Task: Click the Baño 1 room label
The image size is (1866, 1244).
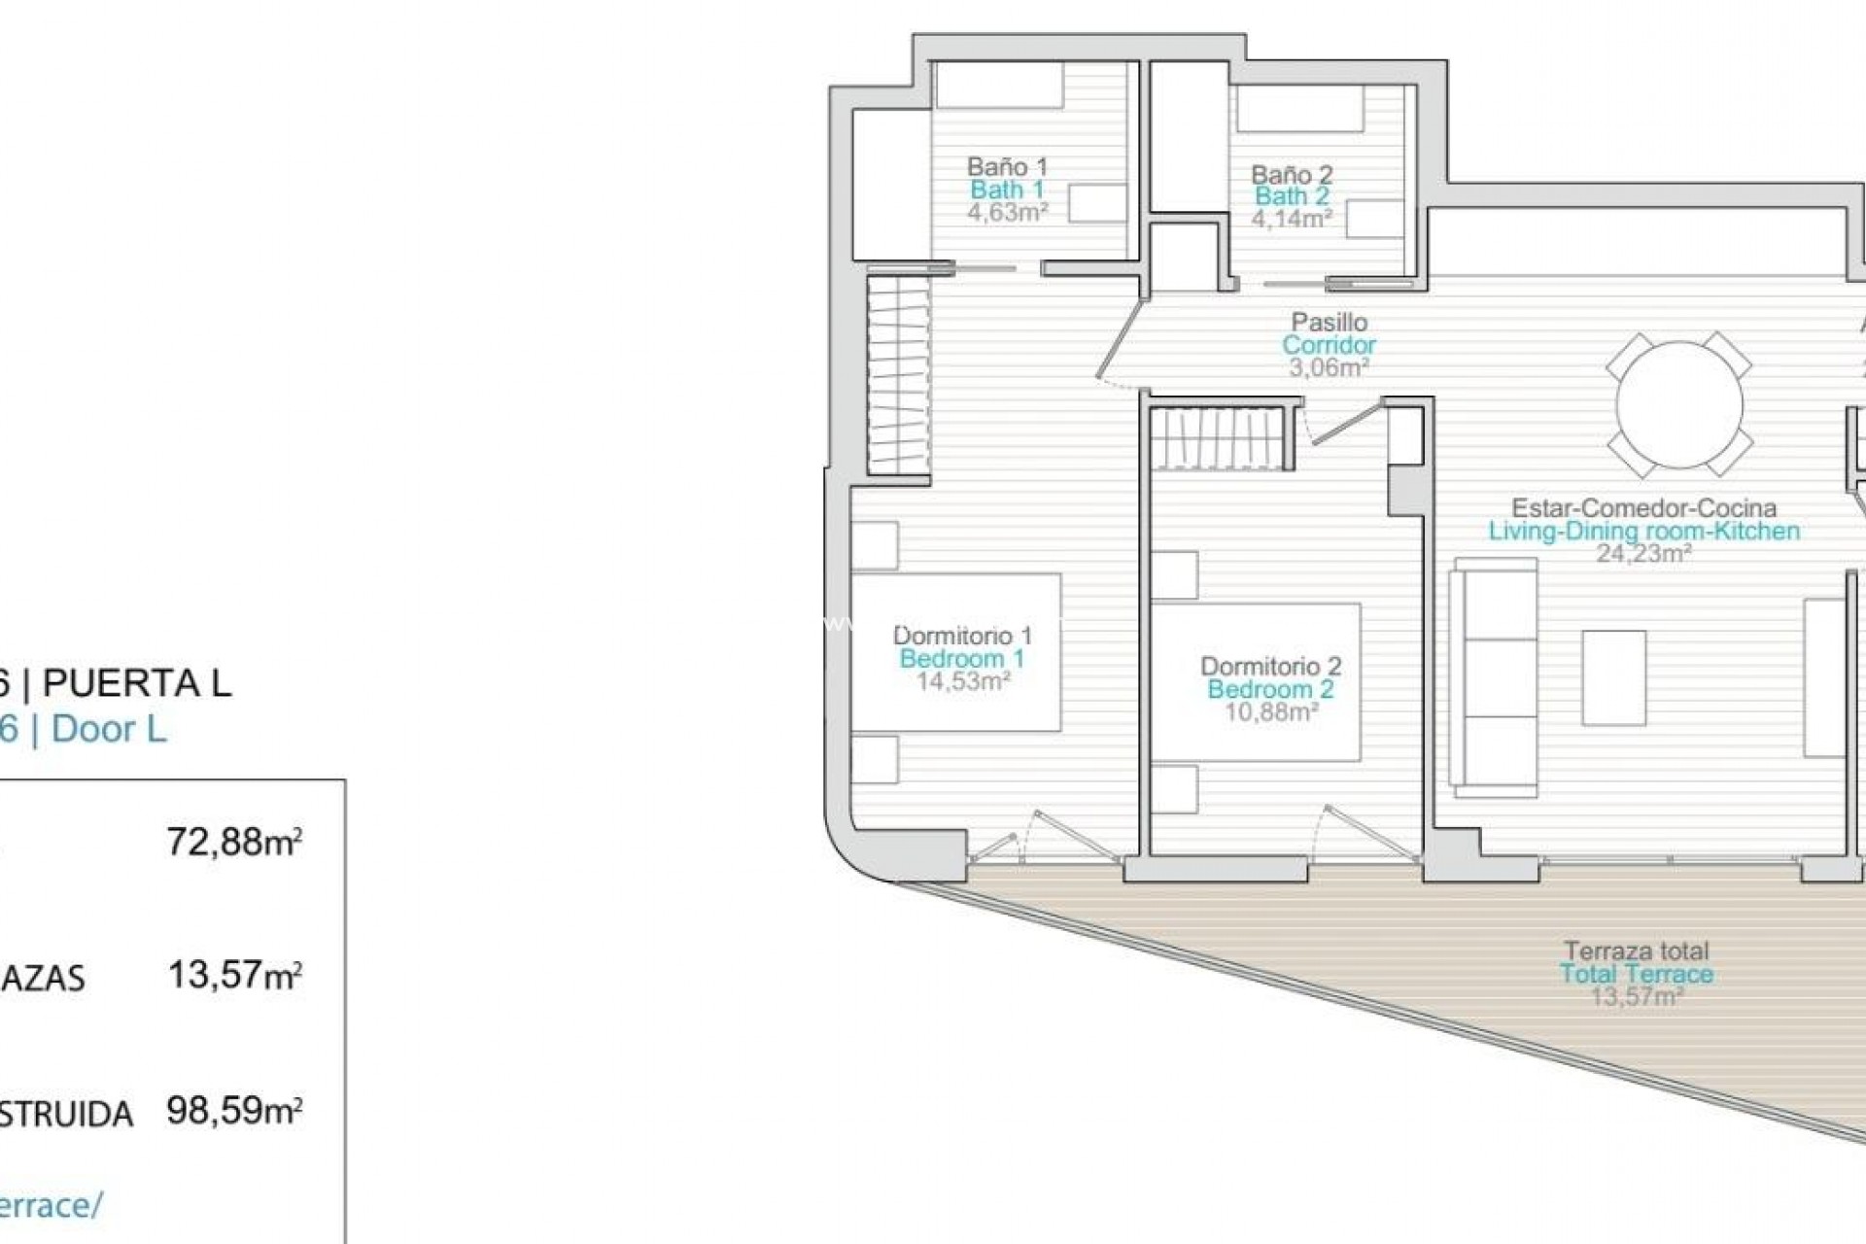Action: tap(1007, 167)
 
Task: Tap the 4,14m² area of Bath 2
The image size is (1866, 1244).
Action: tap(1291, 219)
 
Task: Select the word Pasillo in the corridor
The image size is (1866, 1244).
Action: tap(1329, 322)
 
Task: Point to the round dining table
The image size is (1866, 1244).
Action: tap(1678, 404)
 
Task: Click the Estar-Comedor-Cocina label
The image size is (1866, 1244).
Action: tap(1643, 508)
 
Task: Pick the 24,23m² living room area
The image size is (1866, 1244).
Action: tap(1643, 554)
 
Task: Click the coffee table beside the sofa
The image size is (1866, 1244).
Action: tap(1613, 677)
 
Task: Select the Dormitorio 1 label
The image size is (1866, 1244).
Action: tap(962, 636)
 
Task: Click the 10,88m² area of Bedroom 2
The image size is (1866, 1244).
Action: tap(1270, 712)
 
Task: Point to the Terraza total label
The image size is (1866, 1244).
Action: tap(1636, 951)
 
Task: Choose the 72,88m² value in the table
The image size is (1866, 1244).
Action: tap(234, 842)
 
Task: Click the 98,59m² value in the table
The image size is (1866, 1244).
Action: tap(234, 1110)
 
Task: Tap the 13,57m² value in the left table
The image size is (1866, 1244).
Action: tap(234, 975)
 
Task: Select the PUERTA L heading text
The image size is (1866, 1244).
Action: tap(137, 683)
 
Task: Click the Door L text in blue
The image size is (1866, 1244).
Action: tap(109, 729)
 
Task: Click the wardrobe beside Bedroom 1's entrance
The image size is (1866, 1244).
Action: tap(898, 374)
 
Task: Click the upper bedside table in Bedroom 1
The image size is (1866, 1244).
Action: tap(875, 545)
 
